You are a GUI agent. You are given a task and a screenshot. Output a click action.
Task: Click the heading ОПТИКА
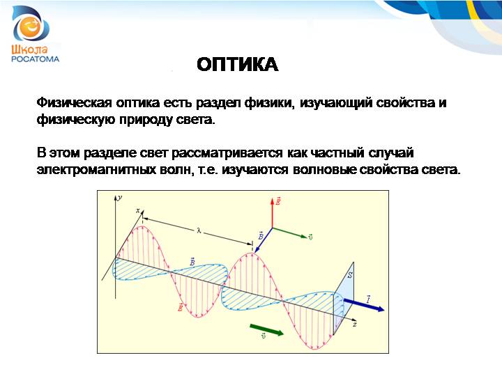[x=237, y=64]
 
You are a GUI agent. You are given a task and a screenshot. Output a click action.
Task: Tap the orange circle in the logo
[x=30, y=26]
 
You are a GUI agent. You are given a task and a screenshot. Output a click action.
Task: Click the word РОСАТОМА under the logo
[x=36, y=58]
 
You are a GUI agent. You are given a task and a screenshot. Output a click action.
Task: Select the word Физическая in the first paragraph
[x=75, y=103]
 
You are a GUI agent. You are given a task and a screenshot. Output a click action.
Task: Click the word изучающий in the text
[x=335, y=103]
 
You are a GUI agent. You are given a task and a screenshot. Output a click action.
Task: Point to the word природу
[x=146, y=120]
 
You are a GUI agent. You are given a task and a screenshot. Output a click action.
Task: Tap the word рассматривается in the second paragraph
[x=227, y=153]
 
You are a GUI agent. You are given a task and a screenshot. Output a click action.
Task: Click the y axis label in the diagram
[x=120, y=198]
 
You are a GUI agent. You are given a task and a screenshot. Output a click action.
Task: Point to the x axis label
[x=138, y=210]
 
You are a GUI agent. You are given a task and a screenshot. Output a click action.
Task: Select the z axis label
[x=355, y=324]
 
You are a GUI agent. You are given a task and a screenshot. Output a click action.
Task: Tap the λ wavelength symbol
[x=199, y=230]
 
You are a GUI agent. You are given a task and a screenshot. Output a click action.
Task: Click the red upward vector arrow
[x=272, y=212]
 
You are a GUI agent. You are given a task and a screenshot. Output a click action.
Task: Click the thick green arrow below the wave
[x=266, y=329]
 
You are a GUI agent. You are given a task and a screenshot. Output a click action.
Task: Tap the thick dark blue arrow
[x=364, y=305]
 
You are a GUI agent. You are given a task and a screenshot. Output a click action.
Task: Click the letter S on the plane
[x=350, y=274]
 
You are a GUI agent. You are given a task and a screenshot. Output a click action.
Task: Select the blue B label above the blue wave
[x=192, y=262]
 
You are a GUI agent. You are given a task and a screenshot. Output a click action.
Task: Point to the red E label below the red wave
[x=181, y=307]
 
